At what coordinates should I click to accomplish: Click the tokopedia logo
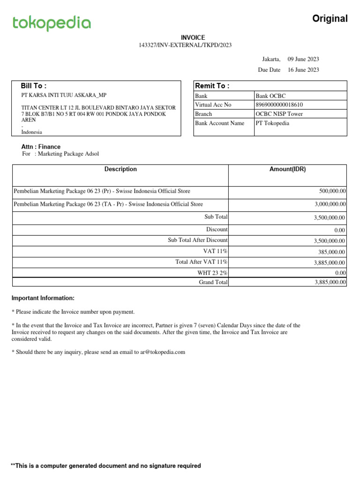tap(52, 23)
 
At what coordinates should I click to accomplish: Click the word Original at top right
tap(330, 19)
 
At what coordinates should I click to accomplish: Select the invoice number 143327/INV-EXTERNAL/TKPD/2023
tap(185, 45)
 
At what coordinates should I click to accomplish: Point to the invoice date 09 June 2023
tap(303, 59)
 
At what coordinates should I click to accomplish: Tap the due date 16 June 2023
tap(303, 70)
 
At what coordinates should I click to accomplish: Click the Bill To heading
tap(33, 86)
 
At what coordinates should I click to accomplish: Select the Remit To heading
tap(212, 86)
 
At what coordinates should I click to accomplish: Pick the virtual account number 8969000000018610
tap(279, 105)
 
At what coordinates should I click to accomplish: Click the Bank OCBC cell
tap(270, 96)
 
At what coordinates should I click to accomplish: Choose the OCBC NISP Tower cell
tap(279, 114)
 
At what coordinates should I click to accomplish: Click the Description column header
tap(120, 169)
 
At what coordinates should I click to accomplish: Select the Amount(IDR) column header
tap(287, 169)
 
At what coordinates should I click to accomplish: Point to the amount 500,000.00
tap(332, 191)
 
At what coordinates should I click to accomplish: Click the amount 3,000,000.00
tap(330, 204)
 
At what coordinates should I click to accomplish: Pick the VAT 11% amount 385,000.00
tap(332, 252)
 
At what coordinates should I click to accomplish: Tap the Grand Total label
tap(213, 282)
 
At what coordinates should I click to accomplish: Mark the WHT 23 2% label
tap(212, 273)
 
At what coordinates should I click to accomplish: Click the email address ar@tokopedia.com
tap(159, 352)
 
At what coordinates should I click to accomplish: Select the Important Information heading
tap(43, 298)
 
